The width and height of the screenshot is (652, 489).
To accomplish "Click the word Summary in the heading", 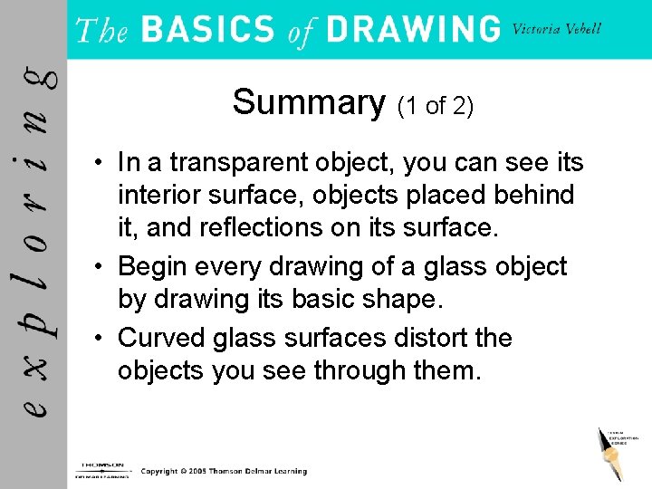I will [x=309, y=102].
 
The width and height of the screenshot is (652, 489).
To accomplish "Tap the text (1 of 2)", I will [x=436, y=106].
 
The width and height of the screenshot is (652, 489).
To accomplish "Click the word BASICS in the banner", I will [x=208, y=30].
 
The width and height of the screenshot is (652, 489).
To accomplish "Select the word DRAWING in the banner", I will [x=413, y=30].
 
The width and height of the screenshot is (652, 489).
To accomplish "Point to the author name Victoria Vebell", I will [x=557, y=29].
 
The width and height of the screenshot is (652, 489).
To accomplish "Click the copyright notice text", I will [x=224, y=471].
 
